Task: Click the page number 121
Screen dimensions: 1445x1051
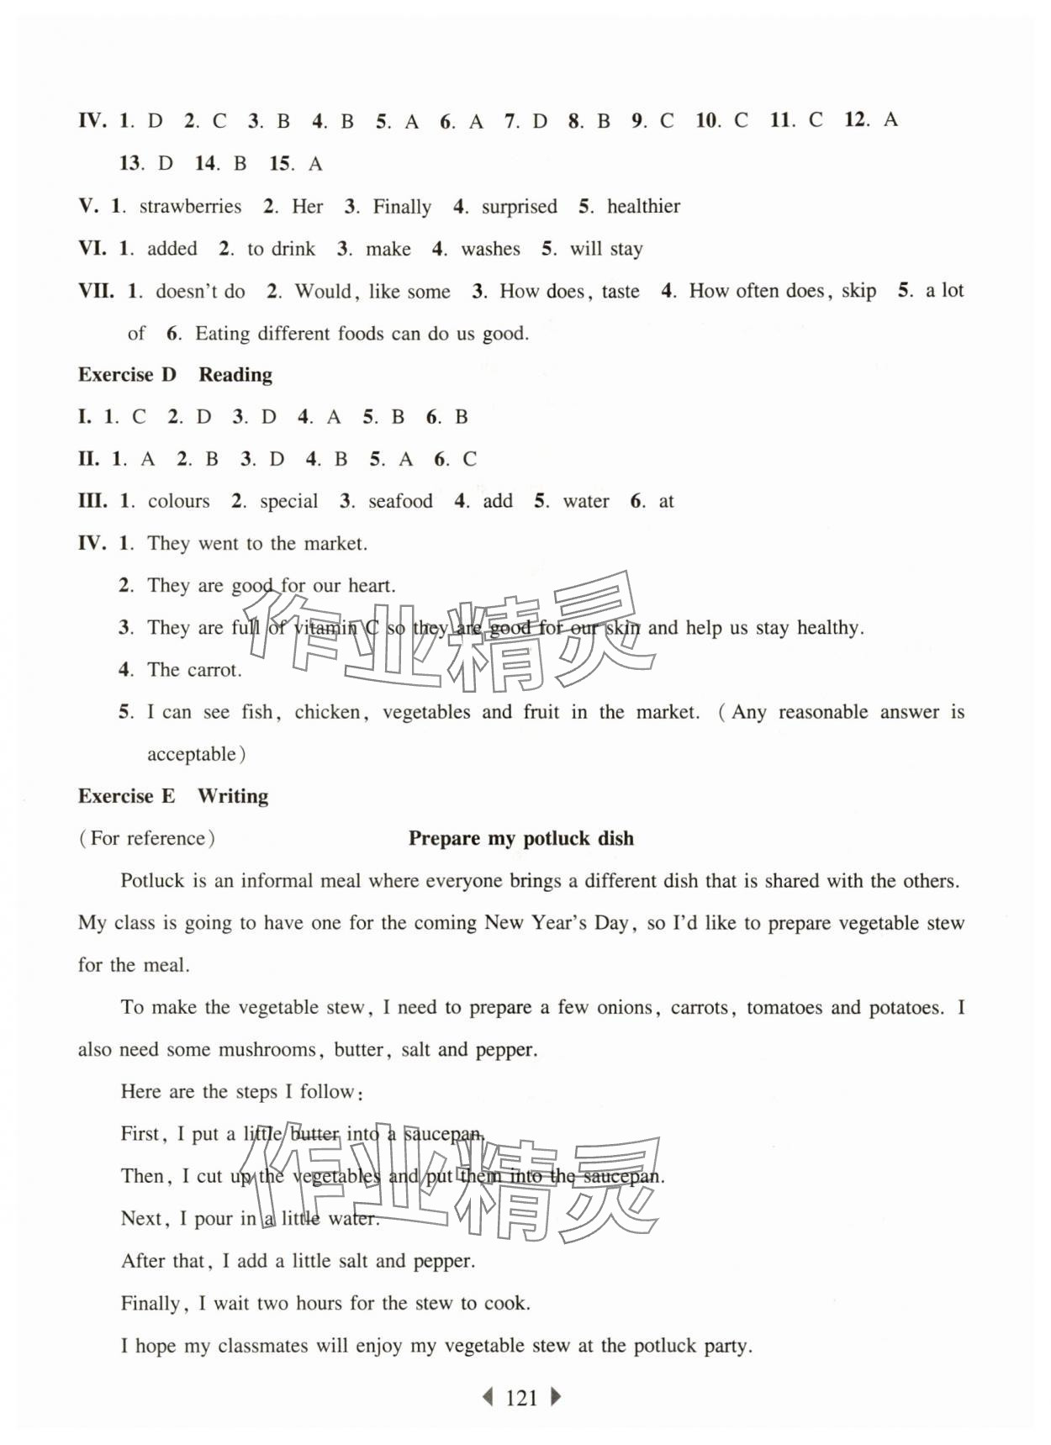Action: [x=521, y=1398]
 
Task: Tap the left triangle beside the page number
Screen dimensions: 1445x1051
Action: [x=486, y=1397]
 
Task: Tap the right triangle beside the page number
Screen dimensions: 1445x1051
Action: [x=556, y=1397]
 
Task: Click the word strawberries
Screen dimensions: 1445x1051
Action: [x=190, y=207]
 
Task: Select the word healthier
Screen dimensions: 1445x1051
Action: [x=643, y=207]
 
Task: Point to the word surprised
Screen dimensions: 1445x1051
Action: [x=519, y=207]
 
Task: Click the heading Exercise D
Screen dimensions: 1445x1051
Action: [x=127, y=375]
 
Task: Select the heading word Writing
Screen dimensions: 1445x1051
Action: [x=233, y=796]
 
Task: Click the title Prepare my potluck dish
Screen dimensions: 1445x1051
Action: [x=520, y=838]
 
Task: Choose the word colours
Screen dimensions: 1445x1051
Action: [x=178, y=502]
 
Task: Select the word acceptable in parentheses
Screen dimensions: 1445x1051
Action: [x=192, y=755]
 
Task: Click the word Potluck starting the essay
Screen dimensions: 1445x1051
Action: [x=152, y=881]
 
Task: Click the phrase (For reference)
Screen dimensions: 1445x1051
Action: [x=147, y=838]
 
